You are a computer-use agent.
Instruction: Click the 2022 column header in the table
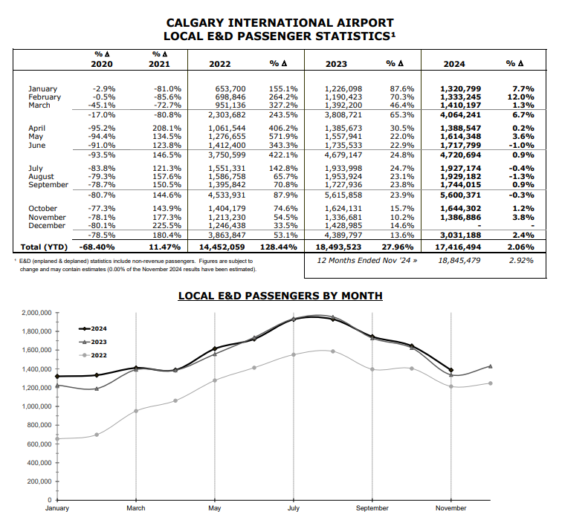220,64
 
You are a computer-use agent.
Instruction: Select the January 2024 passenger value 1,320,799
461,89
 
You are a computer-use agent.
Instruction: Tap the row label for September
48,185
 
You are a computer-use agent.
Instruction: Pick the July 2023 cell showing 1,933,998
343,169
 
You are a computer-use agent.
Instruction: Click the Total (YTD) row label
44,247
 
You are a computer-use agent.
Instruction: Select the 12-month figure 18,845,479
459,261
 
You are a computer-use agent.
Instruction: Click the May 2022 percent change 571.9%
283,137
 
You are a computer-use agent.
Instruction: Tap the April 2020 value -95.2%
102,129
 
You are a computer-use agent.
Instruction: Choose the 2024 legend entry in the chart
93,328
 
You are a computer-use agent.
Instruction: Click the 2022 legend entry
93,355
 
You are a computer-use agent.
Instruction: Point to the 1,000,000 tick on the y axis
36,406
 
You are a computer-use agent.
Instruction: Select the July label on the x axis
294,508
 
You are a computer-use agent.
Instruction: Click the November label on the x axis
451,508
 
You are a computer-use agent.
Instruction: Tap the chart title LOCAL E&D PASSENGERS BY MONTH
280,296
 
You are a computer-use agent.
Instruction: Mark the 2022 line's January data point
57,438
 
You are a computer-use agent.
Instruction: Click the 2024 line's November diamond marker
451,370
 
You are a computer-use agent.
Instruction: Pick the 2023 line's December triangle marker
491,366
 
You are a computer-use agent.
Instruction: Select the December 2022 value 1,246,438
227,226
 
